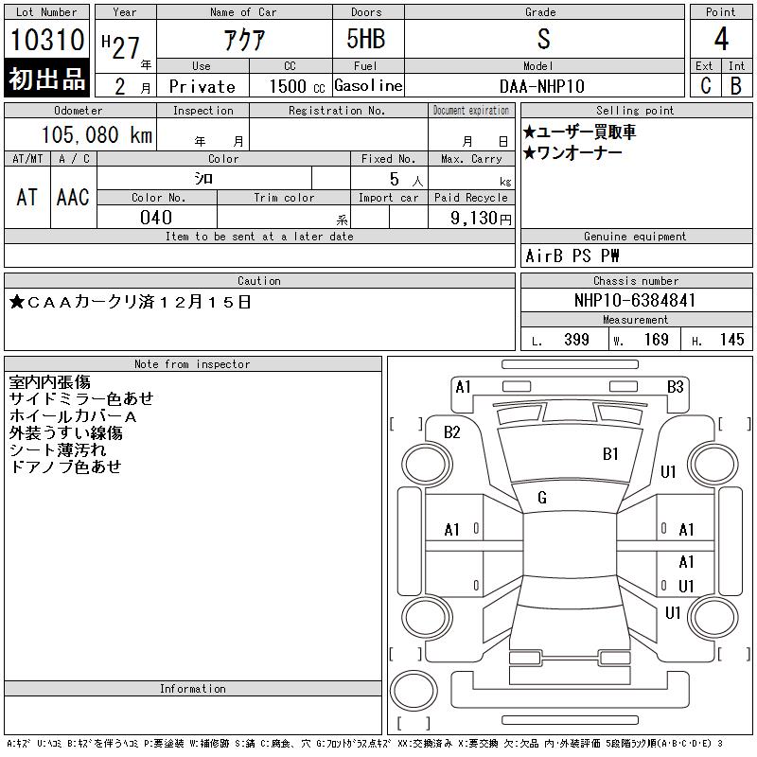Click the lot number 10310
pos(47,40)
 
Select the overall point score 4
pos(721,40)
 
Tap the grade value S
pos(542,40)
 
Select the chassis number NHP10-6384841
pos(635,300)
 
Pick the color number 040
pos(155,218)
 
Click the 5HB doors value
pos(366,40)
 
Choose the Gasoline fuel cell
pos(368,85)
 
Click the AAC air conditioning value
pos(73,197)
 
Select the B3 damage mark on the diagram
pos(675,386)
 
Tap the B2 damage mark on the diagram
pos(452,432)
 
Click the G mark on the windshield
pos(542,498)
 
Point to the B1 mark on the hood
pos(610,454)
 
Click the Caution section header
pos(259,281)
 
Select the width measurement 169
pos(656,340)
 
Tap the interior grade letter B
pos(735,85)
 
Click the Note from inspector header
pos(192,364)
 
